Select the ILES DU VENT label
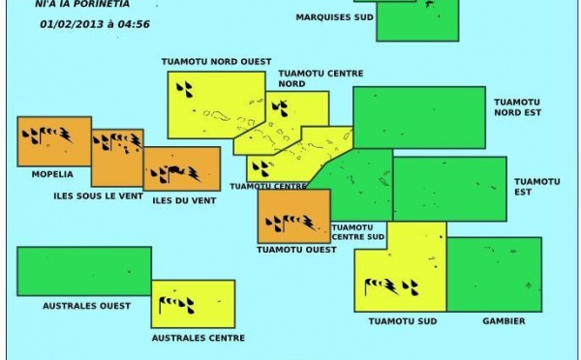point(184,200)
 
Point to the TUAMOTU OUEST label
point(296,250)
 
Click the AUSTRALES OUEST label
point(86,306)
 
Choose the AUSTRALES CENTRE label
point(198,338)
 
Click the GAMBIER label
point(502,320)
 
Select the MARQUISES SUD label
point(334,17)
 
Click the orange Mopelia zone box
point(54,141)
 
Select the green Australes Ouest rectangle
point(84,271)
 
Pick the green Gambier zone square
point(494,274)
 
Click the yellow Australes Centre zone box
point(193,304)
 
